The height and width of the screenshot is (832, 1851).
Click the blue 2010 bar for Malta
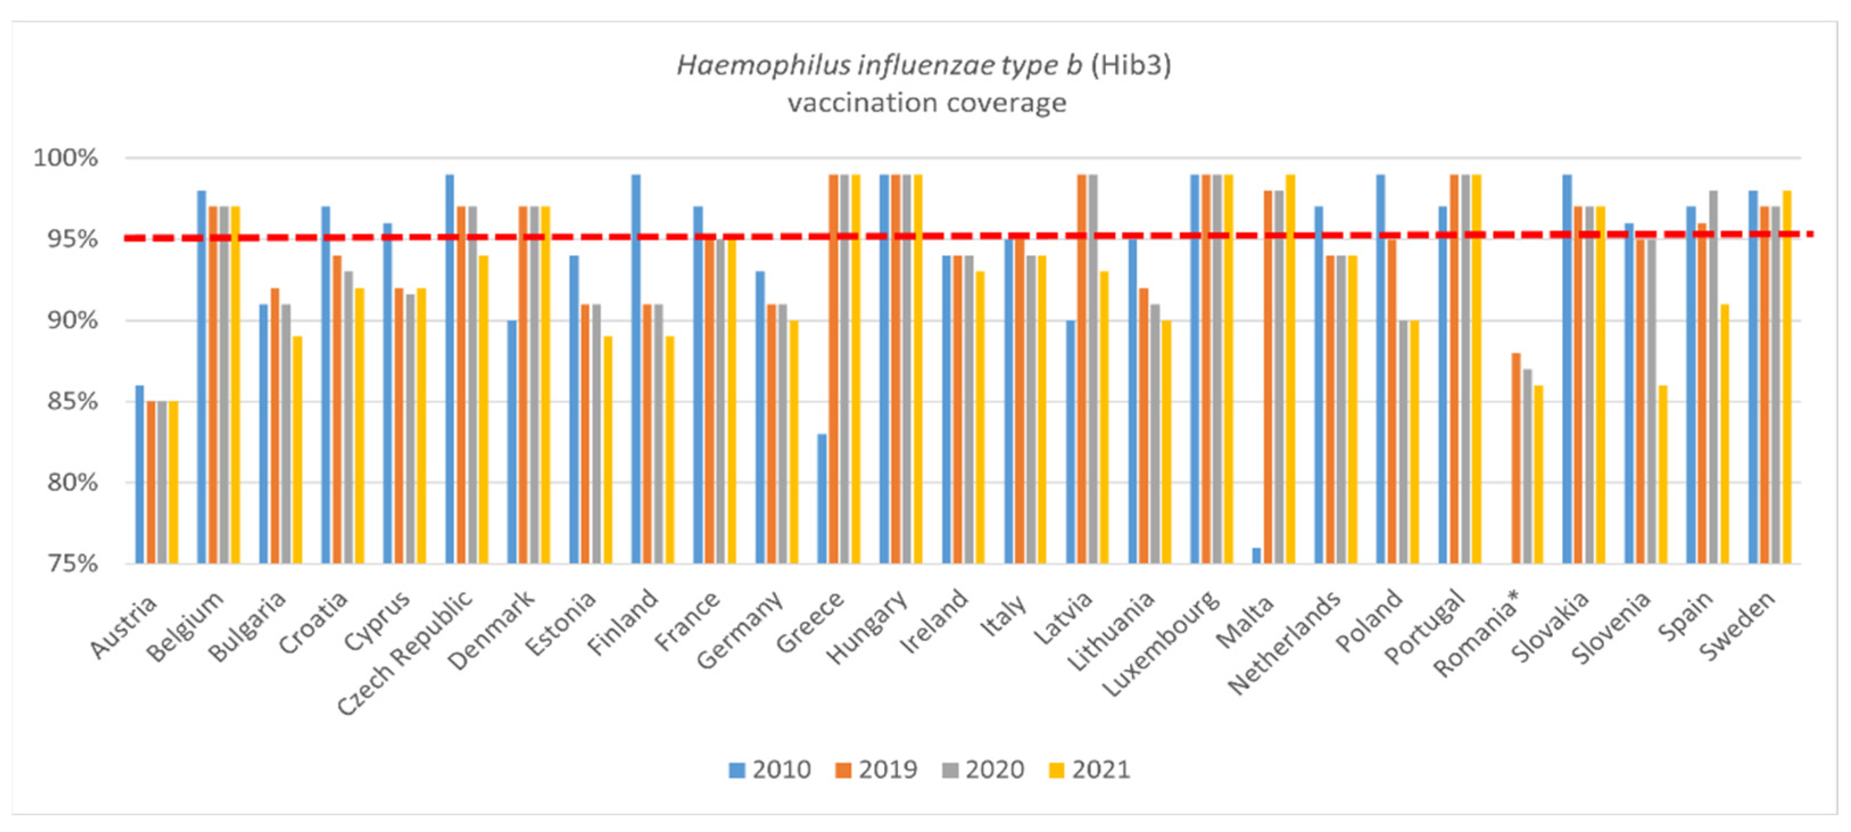pyautogui.click(x=1256, y=556)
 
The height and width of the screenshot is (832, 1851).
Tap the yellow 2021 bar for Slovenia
pyautogui.click(x=1663, y=475)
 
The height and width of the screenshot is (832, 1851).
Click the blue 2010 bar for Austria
pyautogui.click(x=139, y=475)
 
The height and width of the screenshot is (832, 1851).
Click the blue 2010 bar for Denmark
pyautogui.click(x=512, y=442)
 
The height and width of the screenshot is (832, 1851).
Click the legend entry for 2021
pyautogui.click(x=1090, y=769)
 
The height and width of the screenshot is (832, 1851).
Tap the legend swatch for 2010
pyautogui.click(x=736, y=770)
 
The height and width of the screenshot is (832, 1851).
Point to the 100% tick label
pyautogui.click(x=65, y=158)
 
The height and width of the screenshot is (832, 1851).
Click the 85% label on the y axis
pyautogui.click(x=71, y=401)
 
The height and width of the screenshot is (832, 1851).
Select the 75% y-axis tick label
pyautogui.click(x=71, y=563)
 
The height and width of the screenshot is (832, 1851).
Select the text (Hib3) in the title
pyautogui.click(x=1131, y=65)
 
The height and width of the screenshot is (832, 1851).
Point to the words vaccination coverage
pyautogui.click(x=927, y=103)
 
